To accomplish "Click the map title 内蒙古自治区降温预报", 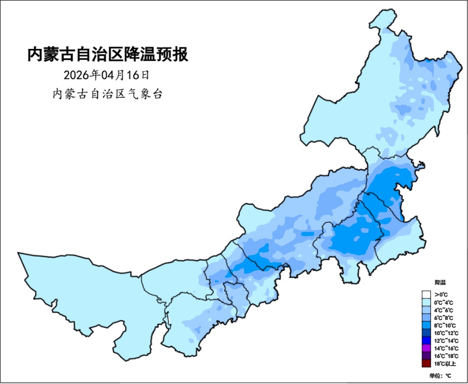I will click(x=108, y=54).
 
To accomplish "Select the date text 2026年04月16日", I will click(x=107, y=75).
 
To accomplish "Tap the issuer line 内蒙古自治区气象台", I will click(x=108, y=94).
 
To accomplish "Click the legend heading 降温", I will click(x=440, y=282).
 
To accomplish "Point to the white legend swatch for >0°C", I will click(x=427, y=294).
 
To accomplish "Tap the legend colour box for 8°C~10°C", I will click(x=427, y=325).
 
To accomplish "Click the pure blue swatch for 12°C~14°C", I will click(x=427, y=340).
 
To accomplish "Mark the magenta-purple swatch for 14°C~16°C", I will click(x=427, y=348).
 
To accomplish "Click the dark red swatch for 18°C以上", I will click(x=427, y=363).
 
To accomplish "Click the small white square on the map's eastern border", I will click(x=419, y=165).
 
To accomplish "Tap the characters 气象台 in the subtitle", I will click(x=148, y=94).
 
